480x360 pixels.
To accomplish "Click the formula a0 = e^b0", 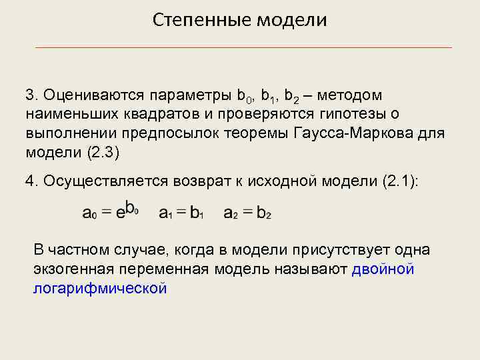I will tap(110, 211).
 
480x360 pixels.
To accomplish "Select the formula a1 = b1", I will tap(181, 213).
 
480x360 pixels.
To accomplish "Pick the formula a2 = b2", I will tap(247, 213).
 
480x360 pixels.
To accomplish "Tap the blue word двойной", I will tap(383, 269).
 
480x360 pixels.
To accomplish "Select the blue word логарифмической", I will tap(99, 288).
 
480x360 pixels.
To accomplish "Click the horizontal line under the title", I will tap(243, 48).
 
